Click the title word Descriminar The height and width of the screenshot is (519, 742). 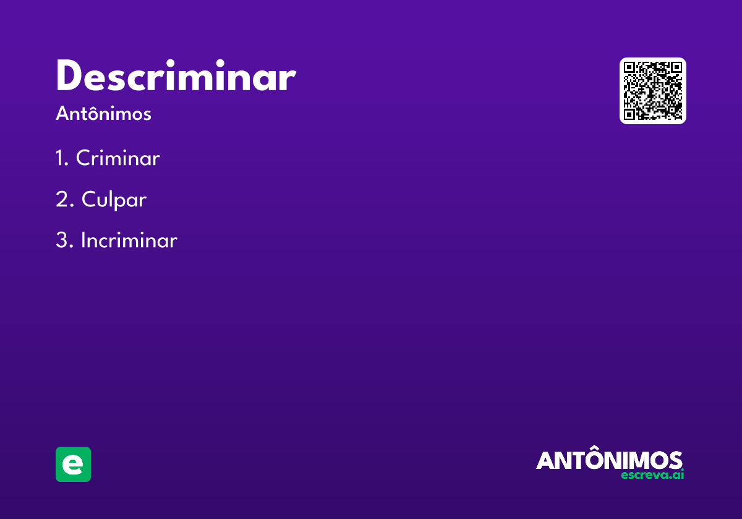point(176,75)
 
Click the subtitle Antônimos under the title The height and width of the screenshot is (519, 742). point(103,113)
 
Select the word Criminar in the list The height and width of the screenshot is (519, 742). point(118,158)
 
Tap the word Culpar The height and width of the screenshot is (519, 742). point(114,200)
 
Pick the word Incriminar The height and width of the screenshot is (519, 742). point(129,240)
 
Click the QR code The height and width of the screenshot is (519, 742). point(652,91)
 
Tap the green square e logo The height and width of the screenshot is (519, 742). point(73,464)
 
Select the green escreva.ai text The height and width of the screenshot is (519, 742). point(652,475)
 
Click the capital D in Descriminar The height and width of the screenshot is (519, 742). point(69,75)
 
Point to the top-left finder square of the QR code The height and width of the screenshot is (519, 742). point(629,67)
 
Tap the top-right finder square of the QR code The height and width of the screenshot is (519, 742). point(676,67)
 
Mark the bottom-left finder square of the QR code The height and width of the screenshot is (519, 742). point(629,114)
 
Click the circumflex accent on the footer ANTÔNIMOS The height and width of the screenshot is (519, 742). point(595,447)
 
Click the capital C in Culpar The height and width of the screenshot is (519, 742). point(90,199)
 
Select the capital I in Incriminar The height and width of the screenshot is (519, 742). point(83,240)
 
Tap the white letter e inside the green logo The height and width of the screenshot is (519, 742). point(72,465)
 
